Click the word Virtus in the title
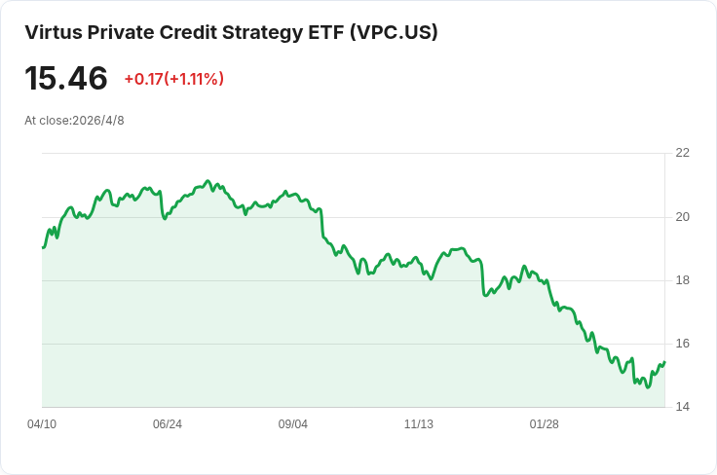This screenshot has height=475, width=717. coord(54,32)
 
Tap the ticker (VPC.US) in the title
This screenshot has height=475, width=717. coord(395,32)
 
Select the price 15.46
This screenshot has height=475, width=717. coord(66,78)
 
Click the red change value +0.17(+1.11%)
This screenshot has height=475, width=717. coord(174,79)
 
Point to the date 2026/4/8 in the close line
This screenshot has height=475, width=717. coord(98,121)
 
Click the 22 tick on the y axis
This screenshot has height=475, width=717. coord(682,153)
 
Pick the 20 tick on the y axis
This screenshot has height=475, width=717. coord(682,217)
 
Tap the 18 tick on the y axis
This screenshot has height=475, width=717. coord(682,280)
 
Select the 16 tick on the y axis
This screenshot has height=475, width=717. coord(682,344)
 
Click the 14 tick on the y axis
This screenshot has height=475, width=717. coord(682,407)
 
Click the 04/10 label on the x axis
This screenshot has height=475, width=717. coord(42,424)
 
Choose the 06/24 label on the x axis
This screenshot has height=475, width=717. coord(168,424)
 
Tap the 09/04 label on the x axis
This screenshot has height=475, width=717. coord(293,424)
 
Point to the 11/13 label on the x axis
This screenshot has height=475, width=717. coord(418,424)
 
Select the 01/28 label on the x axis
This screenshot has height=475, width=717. coord(545,424)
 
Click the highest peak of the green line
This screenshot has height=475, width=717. coord(208,181)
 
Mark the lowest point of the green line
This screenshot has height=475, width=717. coord(648,387)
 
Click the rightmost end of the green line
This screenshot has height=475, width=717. coord(664,362)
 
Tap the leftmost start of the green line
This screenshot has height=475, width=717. coord(43,247)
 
